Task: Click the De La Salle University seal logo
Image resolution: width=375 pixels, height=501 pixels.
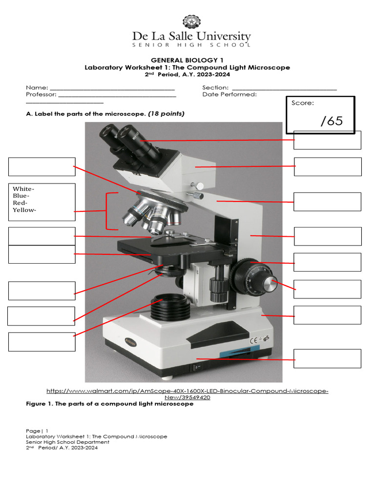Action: click(191, 23)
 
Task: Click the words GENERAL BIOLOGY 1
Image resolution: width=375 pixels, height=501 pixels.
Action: click(187, 60)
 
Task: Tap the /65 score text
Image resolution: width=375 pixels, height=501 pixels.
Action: click(332, 121)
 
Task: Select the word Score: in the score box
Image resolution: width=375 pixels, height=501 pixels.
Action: click(303, 103)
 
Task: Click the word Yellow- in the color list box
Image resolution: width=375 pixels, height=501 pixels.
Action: click(24, 210)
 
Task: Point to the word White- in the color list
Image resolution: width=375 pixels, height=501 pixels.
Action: click(23, 189)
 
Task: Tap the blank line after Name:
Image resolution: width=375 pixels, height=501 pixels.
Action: click(112, 88)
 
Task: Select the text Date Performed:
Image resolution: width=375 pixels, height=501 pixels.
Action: click(229, 94)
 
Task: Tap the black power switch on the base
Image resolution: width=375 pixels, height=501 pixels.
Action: click(197, 366)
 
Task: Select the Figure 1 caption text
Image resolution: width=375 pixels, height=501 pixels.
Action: click(109, 404)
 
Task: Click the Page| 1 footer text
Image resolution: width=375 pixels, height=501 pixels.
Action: click(37, 431)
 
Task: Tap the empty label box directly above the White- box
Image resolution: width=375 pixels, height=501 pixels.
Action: click(42, 166)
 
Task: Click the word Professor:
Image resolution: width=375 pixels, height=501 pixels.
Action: click(41, 94)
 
